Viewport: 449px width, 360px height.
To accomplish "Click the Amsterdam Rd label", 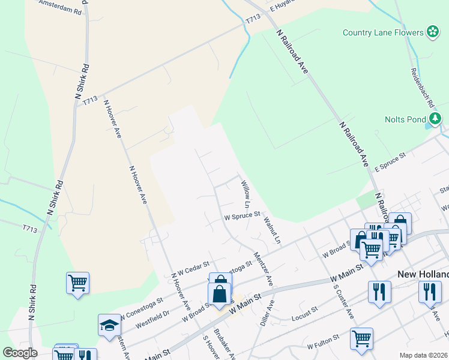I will click(59, 7).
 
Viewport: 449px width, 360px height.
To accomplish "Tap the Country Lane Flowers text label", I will click(382, 32).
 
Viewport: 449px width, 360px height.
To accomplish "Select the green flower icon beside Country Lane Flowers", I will click(433, 32).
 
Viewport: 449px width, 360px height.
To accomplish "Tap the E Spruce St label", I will click(390, 163).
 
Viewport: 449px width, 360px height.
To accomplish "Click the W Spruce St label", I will click(241, 214).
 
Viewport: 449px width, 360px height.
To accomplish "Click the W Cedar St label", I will click(191, 266).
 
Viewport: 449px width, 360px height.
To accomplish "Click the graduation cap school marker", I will click(109, 325).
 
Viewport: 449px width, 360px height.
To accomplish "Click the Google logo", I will click(20, 353).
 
